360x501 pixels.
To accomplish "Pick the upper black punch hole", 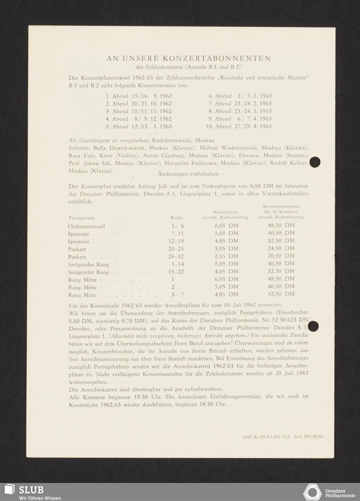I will pyautogui.click(x=315, y=162).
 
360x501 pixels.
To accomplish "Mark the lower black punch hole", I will pyautogui.click(x=314, y=326).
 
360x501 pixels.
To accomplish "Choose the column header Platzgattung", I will pyautogui.click(x=81, y=218).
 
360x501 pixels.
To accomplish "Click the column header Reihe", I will pyautogui.click(x=176, y=218).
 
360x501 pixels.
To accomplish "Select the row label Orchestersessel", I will pyautogui.click(x=86, y=226).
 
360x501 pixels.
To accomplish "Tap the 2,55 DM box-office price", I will pyautogui.click(x=226, y=256).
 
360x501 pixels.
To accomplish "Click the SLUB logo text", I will pyautogui.click(x=31, y=489).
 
